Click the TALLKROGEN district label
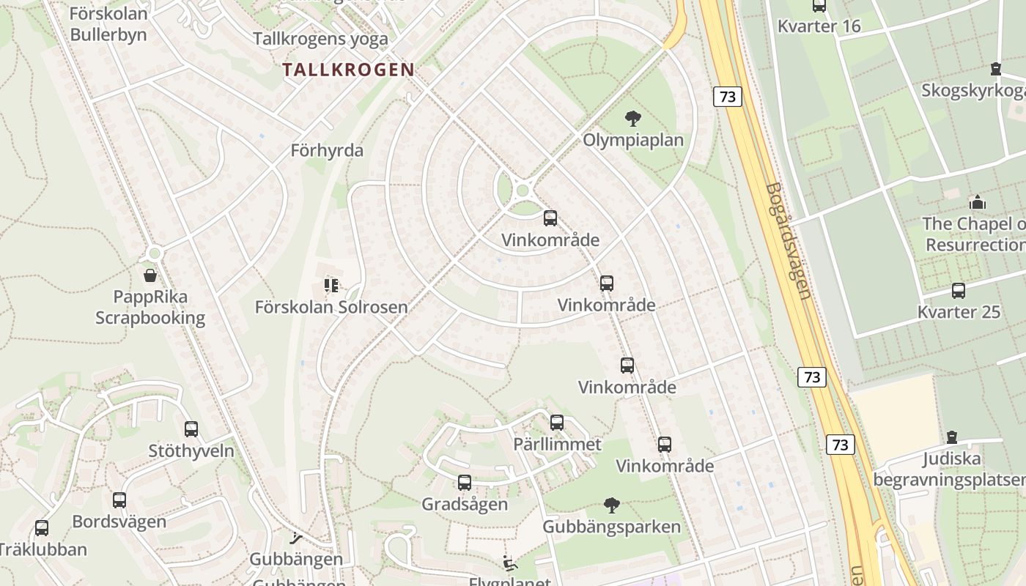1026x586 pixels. tap(349, 70)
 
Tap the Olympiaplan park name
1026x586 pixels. tap(633, 140)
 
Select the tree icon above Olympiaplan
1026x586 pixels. tap(632, 118)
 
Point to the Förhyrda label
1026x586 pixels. tap(327, 151)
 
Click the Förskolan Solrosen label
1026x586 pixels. tap(331, 307)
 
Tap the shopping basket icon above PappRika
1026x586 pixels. tap(150, 275)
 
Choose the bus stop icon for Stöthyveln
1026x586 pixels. tap(191, 429)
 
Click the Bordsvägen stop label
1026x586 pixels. tap(119, 522)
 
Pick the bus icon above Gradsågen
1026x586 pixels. tap(465, 483)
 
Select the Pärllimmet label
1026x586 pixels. tap(557, 444)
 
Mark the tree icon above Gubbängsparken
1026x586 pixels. tap(611, 505)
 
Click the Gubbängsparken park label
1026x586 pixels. tap(611, 527)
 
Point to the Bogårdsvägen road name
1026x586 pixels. tap(788, 241)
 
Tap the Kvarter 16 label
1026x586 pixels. tap(819, 26)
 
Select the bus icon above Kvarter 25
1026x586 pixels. tap(959, 291)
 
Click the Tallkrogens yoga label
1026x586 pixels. tap(320, 39)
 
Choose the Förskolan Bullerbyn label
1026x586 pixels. tap(108, 23)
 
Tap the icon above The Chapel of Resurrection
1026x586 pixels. tap(977, 202)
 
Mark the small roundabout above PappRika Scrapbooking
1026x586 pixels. tap(154, 253)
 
